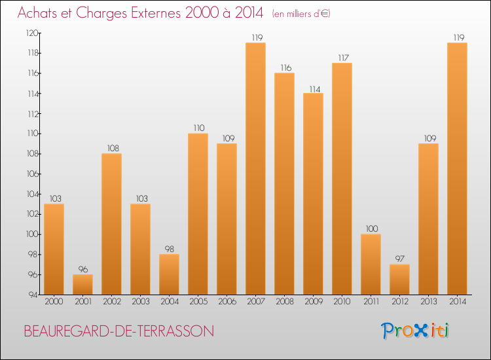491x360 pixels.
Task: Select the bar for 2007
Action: click(255, 168)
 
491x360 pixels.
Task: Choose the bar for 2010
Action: click(342, 178)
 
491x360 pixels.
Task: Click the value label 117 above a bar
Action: click(342, 58)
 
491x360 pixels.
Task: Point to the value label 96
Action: click(82, 270)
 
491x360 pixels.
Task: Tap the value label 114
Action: click(313, 88)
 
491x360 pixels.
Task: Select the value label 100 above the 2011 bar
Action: click(371, 229)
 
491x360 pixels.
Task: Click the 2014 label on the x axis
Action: click(457, 302)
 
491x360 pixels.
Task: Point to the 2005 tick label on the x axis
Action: click(198, 302)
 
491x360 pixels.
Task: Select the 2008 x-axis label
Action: click(284, 302)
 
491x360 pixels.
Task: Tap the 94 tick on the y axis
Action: click(31, 295)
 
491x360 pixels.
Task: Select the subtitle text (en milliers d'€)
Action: click(301, 14)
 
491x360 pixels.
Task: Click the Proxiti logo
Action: click(415, 331)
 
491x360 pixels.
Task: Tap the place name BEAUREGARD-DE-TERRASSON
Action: click(118, 332)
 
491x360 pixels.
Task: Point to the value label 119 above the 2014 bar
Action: click(457, 38)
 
